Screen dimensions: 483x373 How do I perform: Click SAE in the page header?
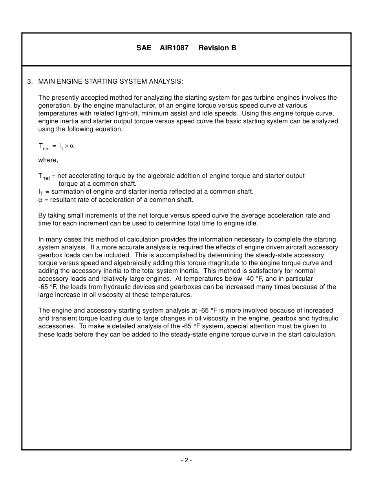click(144, 48)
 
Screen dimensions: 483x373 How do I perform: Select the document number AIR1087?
click(174, 48)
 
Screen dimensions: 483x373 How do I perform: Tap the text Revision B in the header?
click(217, 48)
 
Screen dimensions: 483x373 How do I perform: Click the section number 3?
click(29, 82)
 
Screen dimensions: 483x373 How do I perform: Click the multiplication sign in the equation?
click(66, 146)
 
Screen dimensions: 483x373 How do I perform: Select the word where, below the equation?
click(48, 160)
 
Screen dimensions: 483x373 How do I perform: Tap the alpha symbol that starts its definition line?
click(40, 200)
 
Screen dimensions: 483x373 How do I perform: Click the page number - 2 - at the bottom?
click(186, 460)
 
